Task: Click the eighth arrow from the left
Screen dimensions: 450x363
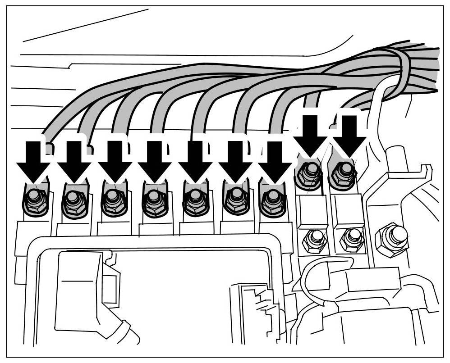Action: tap(310, 135)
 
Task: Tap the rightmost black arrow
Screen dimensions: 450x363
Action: tap(349, 135)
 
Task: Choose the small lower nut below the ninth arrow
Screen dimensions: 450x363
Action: tap(351, 239)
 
